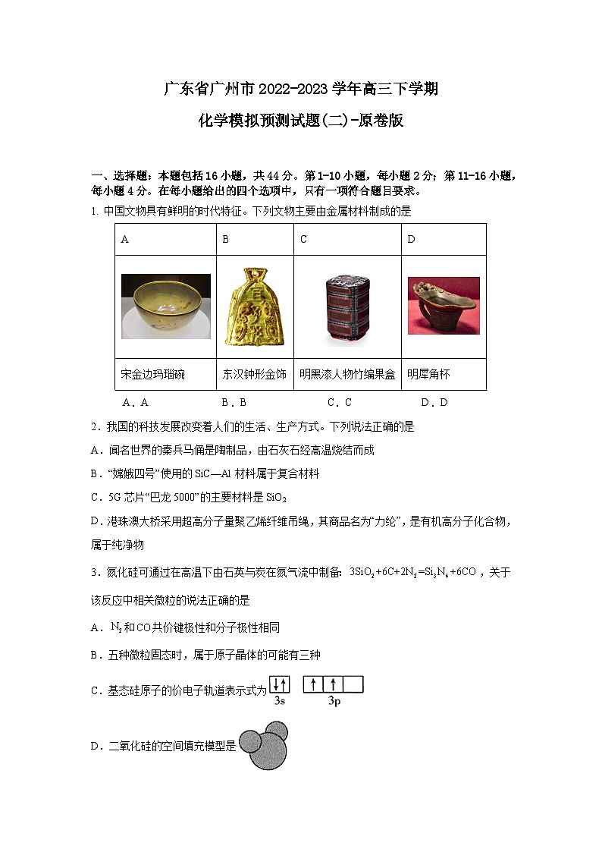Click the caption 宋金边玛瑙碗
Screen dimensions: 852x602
(x=152, y=374)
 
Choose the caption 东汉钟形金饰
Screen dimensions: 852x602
(x=255, y=374)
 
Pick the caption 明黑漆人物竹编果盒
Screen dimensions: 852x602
(x=347, y=374)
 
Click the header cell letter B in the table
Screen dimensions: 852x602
(x=225, y=240)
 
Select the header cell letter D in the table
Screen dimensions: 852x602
(x=412, y=240)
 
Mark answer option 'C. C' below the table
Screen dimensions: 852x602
(x=339, y=402)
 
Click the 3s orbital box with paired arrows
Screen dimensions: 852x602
(x=279, y=685)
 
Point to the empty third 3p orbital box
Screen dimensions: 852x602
(x=353, y=685)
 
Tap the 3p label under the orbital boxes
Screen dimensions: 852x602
(x=334, y=702)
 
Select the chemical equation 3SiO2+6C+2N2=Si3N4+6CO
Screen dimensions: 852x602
(x=412, y=572)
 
